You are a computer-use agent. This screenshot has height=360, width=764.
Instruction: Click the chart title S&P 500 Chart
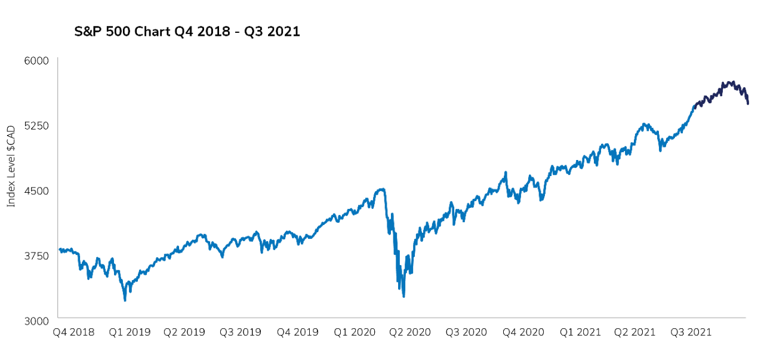point(187,32)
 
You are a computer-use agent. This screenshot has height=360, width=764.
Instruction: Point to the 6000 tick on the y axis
point(37,60)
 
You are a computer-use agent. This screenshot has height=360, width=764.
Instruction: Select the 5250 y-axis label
point(37,125)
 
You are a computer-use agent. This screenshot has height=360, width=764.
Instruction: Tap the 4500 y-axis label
point(37,190)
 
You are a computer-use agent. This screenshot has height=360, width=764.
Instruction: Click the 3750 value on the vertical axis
point(37,256)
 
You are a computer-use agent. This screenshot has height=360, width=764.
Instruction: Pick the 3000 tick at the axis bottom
point(37,321)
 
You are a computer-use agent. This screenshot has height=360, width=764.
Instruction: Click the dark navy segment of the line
point(722,90)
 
